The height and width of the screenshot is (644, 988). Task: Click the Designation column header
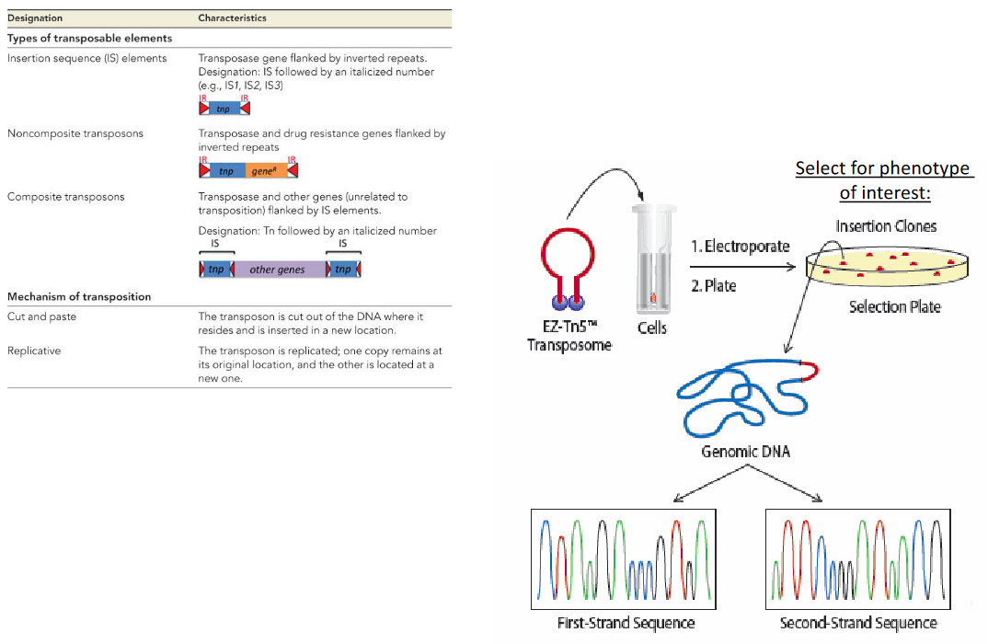point(35,18)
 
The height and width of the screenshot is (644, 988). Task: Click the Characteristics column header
point(233,18)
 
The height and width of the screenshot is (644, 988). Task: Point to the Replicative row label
point(32,351)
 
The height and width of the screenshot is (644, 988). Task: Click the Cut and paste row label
point(41,316)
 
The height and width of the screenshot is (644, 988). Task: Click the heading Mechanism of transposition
point(79,297)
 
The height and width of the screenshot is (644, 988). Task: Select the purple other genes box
point(277,270)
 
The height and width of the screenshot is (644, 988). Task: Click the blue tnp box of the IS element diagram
point(224,109)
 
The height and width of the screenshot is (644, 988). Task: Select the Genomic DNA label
point(745,452)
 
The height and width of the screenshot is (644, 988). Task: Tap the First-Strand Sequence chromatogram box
point(626,558)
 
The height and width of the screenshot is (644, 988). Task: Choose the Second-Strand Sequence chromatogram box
point(858,558)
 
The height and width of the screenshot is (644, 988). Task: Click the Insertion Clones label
point(886,225)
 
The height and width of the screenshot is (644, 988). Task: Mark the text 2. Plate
point(714,286)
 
